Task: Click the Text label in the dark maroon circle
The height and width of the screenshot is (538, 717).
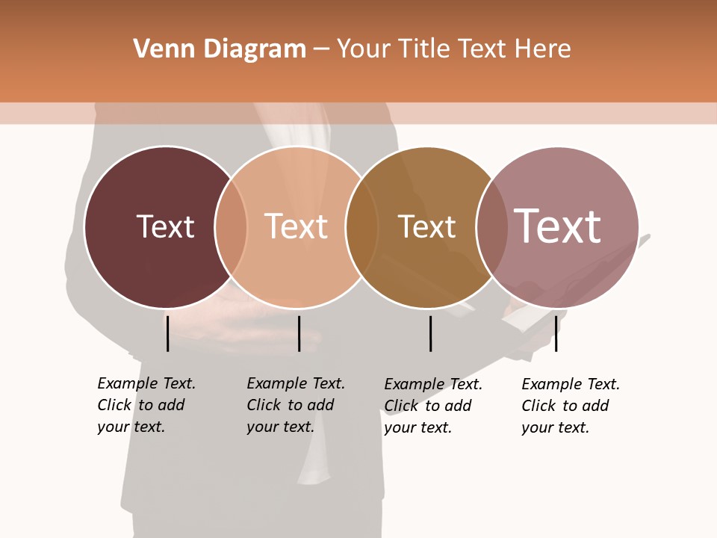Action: tap(165, 226)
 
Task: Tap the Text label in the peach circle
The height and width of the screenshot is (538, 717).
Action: tap(297, 226)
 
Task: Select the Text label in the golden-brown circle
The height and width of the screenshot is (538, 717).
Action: tap(426, 227)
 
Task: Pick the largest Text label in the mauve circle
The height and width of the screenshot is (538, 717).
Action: tap(558, 226)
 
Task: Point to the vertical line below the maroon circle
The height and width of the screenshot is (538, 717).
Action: tap(167, 333)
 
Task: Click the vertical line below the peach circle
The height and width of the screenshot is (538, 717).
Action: tap(299, 333)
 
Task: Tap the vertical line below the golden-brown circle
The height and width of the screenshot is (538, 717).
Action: tap(430, 333)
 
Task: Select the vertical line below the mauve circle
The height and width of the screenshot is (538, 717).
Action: tap(556, 333)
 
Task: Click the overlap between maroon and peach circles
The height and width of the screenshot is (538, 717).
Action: tap(232, 226)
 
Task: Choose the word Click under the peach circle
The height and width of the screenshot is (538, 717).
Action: tap(264, 405)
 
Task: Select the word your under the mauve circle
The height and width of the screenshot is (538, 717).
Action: tap(537, 427)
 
